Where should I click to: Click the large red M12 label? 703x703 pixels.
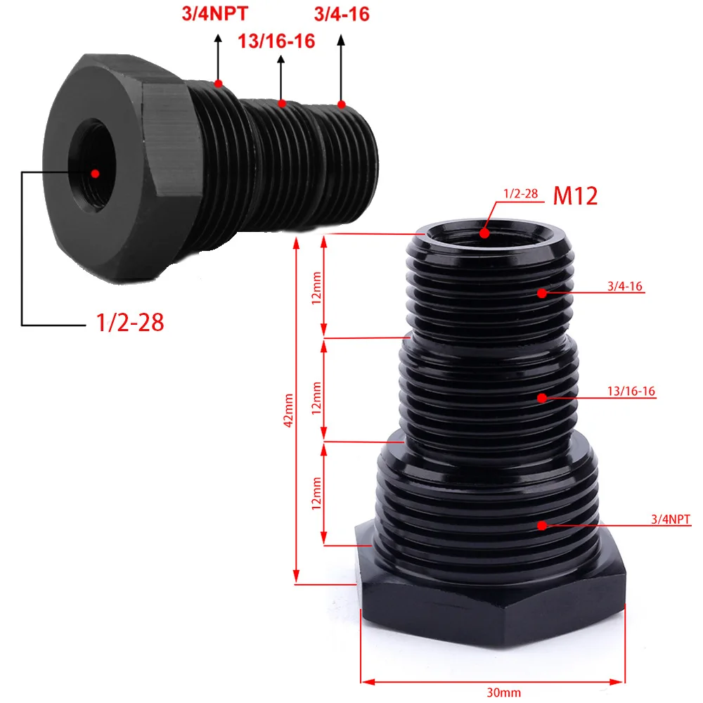[x=575, y=195]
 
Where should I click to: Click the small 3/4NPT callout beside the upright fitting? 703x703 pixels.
[x=671, y=520]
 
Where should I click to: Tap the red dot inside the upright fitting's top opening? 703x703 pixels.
[x=484, y=233]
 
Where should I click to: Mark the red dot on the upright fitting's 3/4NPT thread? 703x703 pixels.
[x=542, y=525]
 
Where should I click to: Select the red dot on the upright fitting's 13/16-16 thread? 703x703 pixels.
[x=542, y=398]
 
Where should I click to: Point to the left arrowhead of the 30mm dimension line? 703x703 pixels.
[x=366, y=681]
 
